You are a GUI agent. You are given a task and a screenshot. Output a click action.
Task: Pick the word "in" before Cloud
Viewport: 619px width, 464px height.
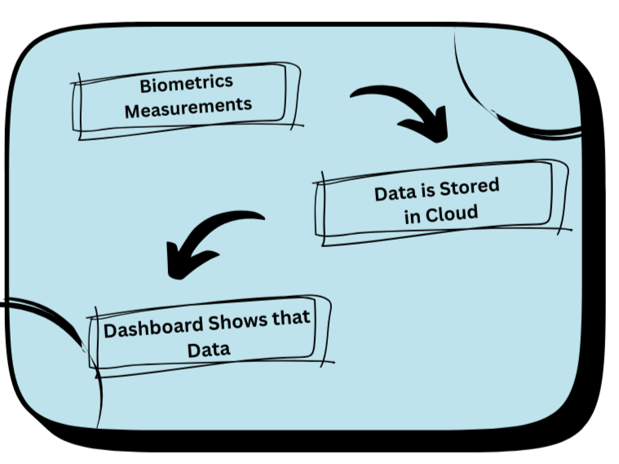(x=412, y=217)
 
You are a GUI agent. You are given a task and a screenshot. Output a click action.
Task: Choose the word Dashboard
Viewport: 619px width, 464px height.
(x=153, y=327)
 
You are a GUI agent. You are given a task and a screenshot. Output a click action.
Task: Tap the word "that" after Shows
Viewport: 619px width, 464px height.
(x=291, y=317)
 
